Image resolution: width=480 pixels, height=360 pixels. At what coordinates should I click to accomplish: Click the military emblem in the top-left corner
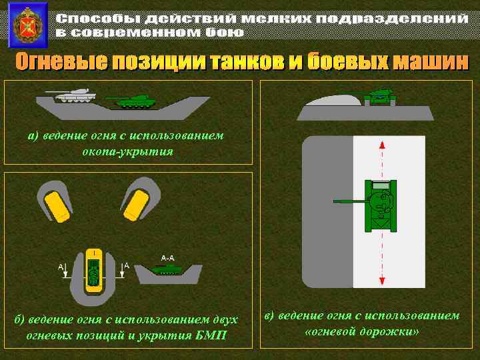(x=27, y=25)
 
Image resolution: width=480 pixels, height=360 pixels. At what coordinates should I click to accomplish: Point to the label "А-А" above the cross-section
(x=167, y=257)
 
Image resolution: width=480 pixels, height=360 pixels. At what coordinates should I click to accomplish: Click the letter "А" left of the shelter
(x=61, y=267)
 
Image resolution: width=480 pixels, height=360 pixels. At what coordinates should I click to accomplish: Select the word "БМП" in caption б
(x=211, y=335)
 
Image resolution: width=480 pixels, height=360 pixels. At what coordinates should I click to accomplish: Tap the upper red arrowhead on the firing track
(x=381, y=145)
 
